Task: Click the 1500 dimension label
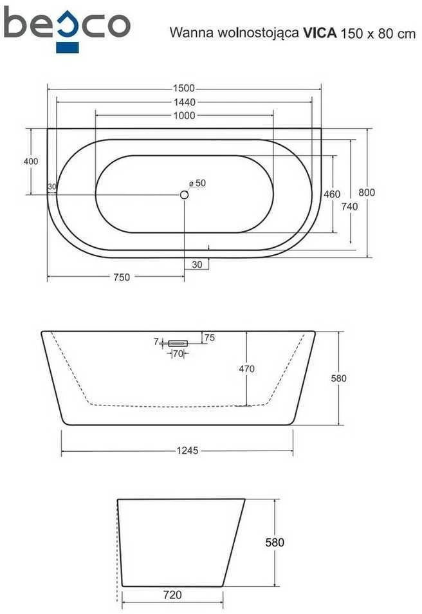coord(183,89)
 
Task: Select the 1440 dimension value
coord(185,102)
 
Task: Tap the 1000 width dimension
coord(185,115)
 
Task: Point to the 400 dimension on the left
coord(31,161)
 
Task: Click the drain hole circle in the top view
coord(184,194)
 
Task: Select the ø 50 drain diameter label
coord(197,183)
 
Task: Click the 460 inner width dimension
coord(332,194)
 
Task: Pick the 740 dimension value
coord(349,206)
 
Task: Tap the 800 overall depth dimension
coord(367,192)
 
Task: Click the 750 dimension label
coord(122,277)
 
